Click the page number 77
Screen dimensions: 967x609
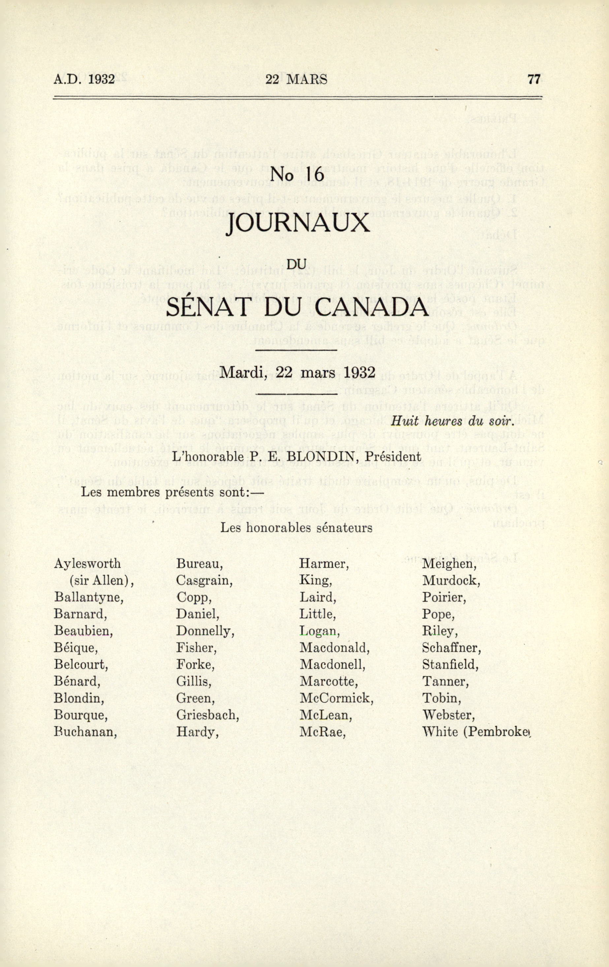(x=534, y=79)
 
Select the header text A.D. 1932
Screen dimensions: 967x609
(x=84, y=79)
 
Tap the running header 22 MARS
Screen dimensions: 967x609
(x=296, y=79)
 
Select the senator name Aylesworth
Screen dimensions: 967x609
(x=87, y=563)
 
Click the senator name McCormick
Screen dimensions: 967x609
(x=336, y=698)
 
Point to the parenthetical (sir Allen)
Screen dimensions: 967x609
(x=101, y=581)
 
